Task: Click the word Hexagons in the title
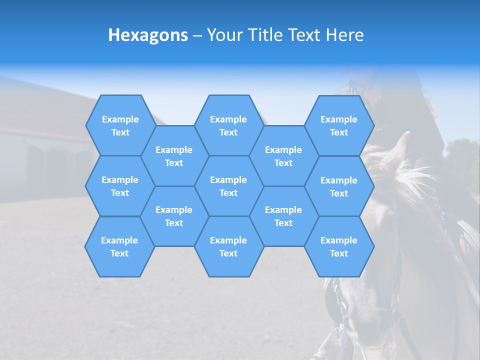click(148, 35)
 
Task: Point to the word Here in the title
click(345, 35)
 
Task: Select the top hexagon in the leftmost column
click(120, 125)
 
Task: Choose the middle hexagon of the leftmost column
click(120, 186)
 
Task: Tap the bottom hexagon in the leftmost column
click(119, 246)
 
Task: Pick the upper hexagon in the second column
click(174, 156)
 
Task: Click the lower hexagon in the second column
click(174, 216)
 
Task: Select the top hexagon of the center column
click(228, 125)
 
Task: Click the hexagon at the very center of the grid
click(228, 186)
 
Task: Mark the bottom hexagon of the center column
click(228, 246)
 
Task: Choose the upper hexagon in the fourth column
click(283, 156)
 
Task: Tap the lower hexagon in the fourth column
click(283, 216)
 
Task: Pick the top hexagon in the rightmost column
click(339, 125)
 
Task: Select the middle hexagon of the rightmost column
click(339, 186)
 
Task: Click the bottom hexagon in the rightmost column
click(339, 246)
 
